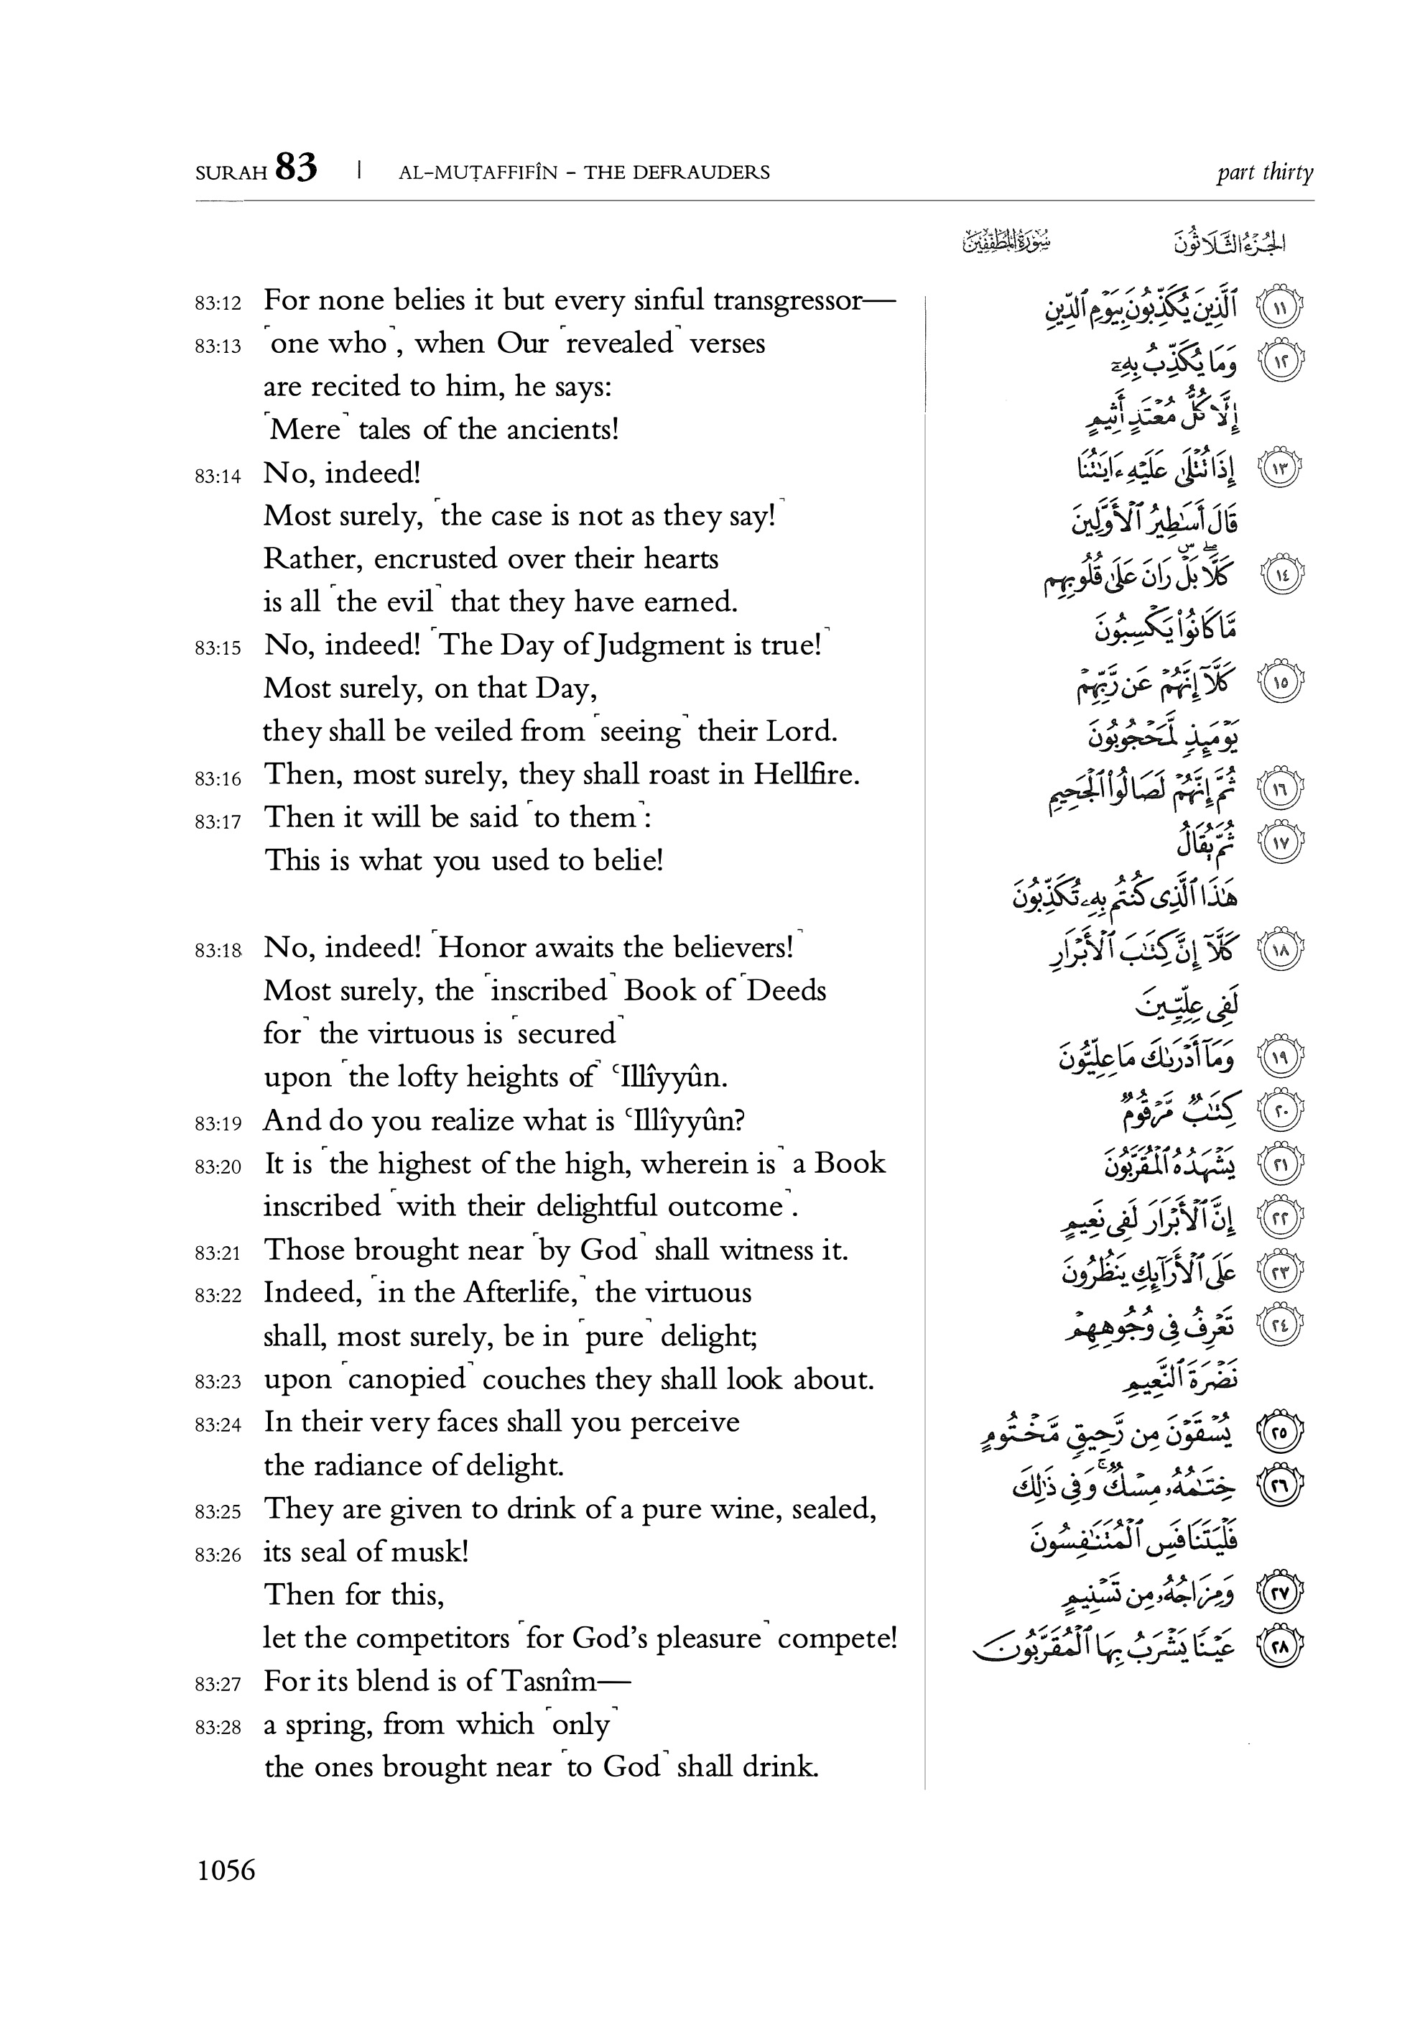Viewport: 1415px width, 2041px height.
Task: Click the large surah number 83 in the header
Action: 296,167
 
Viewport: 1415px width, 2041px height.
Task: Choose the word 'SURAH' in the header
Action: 231,173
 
